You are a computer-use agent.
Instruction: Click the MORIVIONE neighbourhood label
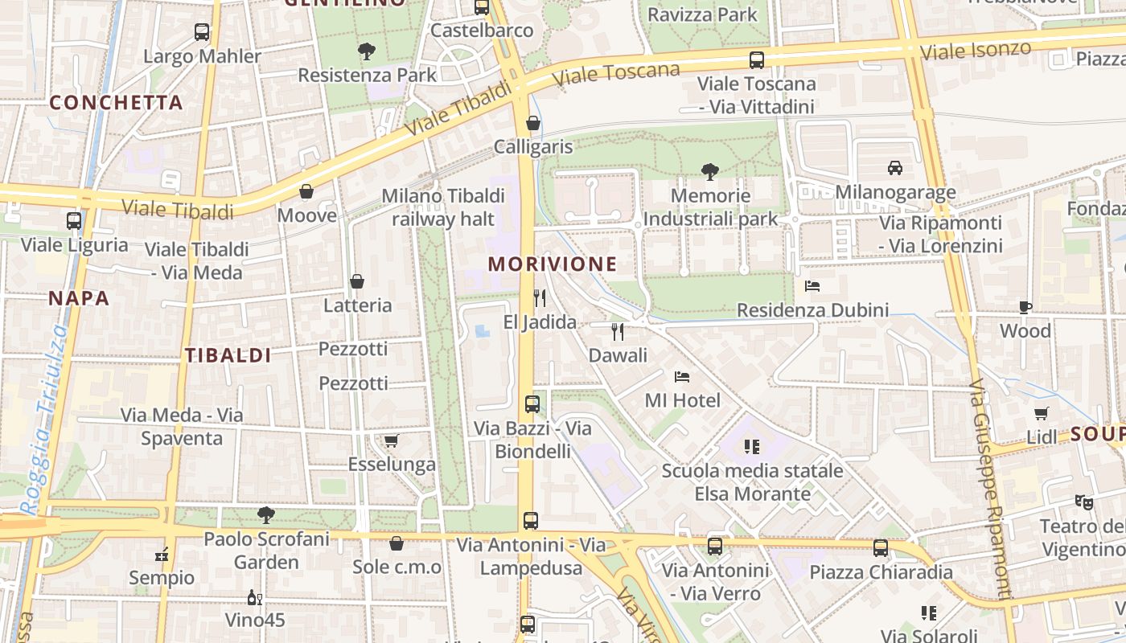coord(552,264)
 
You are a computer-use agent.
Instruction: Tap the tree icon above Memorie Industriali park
coord(709,171)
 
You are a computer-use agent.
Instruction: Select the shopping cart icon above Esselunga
coord(392,440)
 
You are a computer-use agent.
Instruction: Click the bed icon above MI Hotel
coord(682,376)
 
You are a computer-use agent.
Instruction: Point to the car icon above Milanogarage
coord(894,167)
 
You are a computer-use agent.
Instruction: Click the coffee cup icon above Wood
coord(1025,307)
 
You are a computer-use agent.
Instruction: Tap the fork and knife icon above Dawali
coord(618,331)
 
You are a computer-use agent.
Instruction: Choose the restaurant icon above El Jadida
coord(540,298)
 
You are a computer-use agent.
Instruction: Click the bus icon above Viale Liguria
coord(74,220)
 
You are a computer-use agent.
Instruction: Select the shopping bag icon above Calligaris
coord(532,123)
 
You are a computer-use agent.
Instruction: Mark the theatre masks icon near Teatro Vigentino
coord(1084,502)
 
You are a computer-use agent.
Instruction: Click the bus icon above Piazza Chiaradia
coord(881,548)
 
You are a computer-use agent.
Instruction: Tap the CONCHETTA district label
coord(117,103)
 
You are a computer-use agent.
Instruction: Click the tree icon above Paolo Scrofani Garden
coord(265,514)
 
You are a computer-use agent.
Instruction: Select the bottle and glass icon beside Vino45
coord(254,597)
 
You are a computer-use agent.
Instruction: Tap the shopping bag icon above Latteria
coord(357,281)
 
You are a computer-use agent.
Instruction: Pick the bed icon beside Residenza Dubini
coord(812,286)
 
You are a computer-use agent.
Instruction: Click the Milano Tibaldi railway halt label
coord(443,207)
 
